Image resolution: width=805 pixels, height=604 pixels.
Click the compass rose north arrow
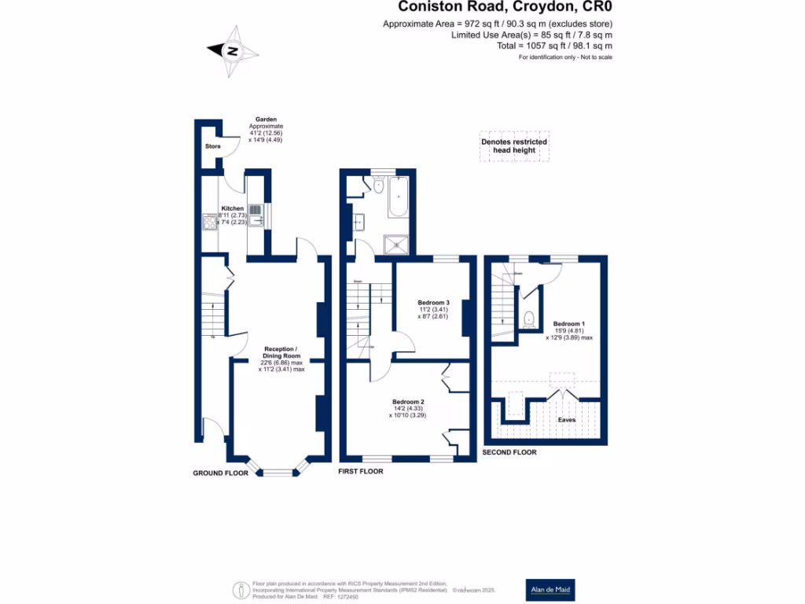pos(233,51)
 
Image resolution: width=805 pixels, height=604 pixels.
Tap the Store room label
pos(212,146)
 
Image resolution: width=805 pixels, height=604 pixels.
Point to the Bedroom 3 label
pos(433,303)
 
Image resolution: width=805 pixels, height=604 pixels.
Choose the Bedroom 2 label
pos(408,402)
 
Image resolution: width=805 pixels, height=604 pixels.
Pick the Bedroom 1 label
pos(568,324)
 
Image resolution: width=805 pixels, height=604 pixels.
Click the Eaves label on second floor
pos(566,420)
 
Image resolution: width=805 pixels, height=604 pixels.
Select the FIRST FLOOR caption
pos(360,472)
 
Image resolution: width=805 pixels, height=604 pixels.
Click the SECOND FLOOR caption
pos(509,452)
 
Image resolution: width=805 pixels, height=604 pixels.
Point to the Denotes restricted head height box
pos(514,147)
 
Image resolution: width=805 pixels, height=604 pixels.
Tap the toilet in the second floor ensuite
pos(529,319)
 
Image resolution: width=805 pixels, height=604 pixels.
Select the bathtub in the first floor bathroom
pos(396,197)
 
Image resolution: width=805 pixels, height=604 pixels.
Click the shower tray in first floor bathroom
pos(396,244)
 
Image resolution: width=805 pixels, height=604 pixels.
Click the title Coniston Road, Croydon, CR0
pos(505,7)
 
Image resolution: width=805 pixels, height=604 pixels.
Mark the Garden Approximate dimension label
pos(266,130)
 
